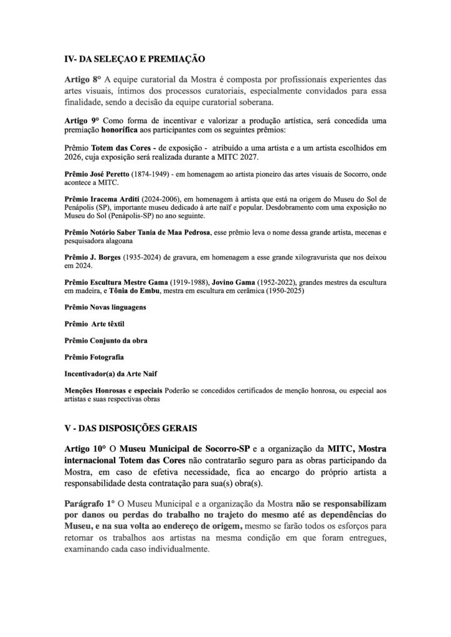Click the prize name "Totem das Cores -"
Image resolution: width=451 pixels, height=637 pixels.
tap(124, 147)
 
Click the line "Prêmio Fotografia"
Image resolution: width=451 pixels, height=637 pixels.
tap(93, 357)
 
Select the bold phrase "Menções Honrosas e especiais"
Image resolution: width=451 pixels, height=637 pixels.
tap(114, 391)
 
